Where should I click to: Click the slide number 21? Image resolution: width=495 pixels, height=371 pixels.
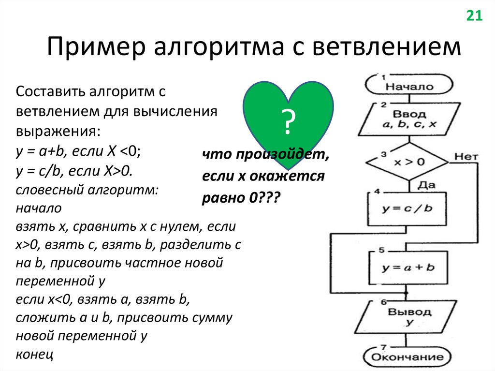point(474,16)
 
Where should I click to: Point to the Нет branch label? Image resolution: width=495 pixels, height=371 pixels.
point(466,157)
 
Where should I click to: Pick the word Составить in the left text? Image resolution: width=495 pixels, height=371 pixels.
point(45,90)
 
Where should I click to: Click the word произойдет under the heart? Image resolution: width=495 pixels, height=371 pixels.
point(278,154)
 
